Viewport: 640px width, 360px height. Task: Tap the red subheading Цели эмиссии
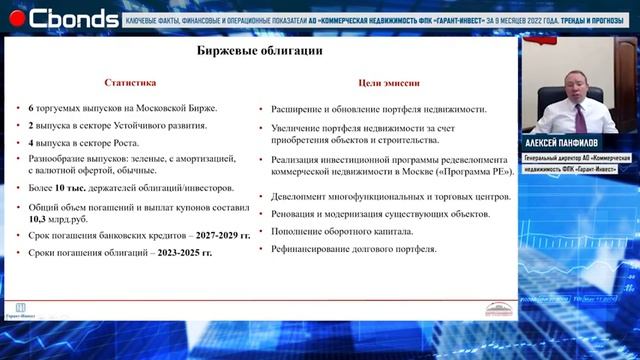tap(385, 83)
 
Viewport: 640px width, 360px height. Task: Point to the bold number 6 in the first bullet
tap(31, 108)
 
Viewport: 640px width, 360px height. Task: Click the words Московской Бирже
tap(177, 108)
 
